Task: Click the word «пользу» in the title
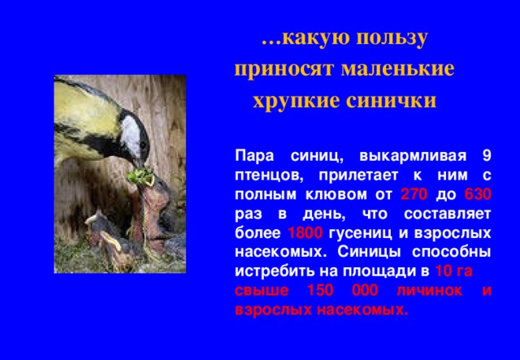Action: point(389,38)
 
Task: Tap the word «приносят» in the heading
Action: point(280,69)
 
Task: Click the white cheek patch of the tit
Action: point(130,125)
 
